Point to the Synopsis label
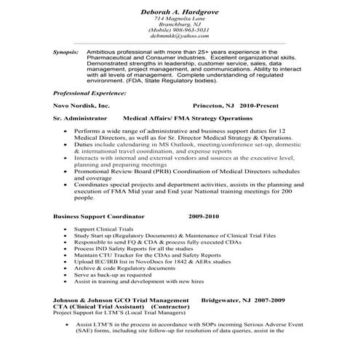click(67, 53)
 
